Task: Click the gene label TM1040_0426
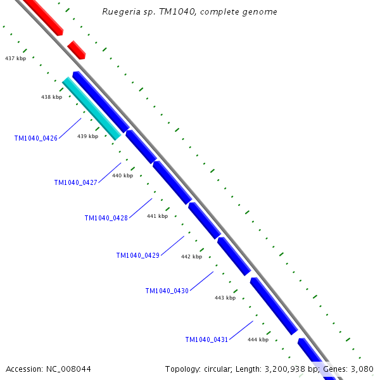click(x=35, y=138)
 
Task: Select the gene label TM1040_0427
click(x=75, y=182)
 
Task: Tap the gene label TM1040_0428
click(x=106, y=218)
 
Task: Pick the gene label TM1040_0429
click(x=137, y=255)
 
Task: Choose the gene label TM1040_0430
click(x=167, y=291)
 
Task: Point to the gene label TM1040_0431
click(x=206, y=339)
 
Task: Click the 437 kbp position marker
click(x=15, y=58)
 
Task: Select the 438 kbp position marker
click(x=51, y=97)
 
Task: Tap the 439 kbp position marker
click(x=87, y=136)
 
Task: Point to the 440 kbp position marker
click(x=122, y=175)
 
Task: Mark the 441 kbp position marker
click(x=157, y=216)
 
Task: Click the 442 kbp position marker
click(x=191, y=256)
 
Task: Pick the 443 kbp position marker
click(x=225, y=298)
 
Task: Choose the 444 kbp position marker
click(x=258, y=339)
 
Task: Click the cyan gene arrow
click(x=92, y=108)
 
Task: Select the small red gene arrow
click(x=77, y=50)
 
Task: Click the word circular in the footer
click(x=222, y=369)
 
